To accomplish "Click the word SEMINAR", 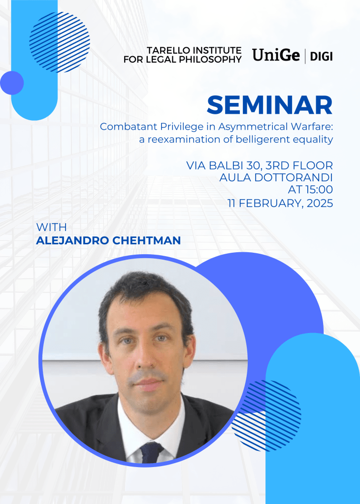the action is pos(269,105).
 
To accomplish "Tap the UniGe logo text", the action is pos(276,55).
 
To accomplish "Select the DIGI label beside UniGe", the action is pos(321,57).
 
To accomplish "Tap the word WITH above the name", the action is pos(51,227).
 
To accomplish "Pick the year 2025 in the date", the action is pos(320,203).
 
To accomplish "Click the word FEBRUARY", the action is pos(271,203).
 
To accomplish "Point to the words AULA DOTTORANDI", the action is pos(276,177).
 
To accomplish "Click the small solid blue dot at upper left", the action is pos(12,83).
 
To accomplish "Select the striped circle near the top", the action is pos(60,42).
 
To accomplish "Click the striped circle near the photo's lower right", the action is pos(266,415).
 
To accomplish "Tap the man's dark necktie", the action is pos(152,453).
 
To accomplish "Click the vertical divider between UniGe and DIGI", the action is pos(305,56).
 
